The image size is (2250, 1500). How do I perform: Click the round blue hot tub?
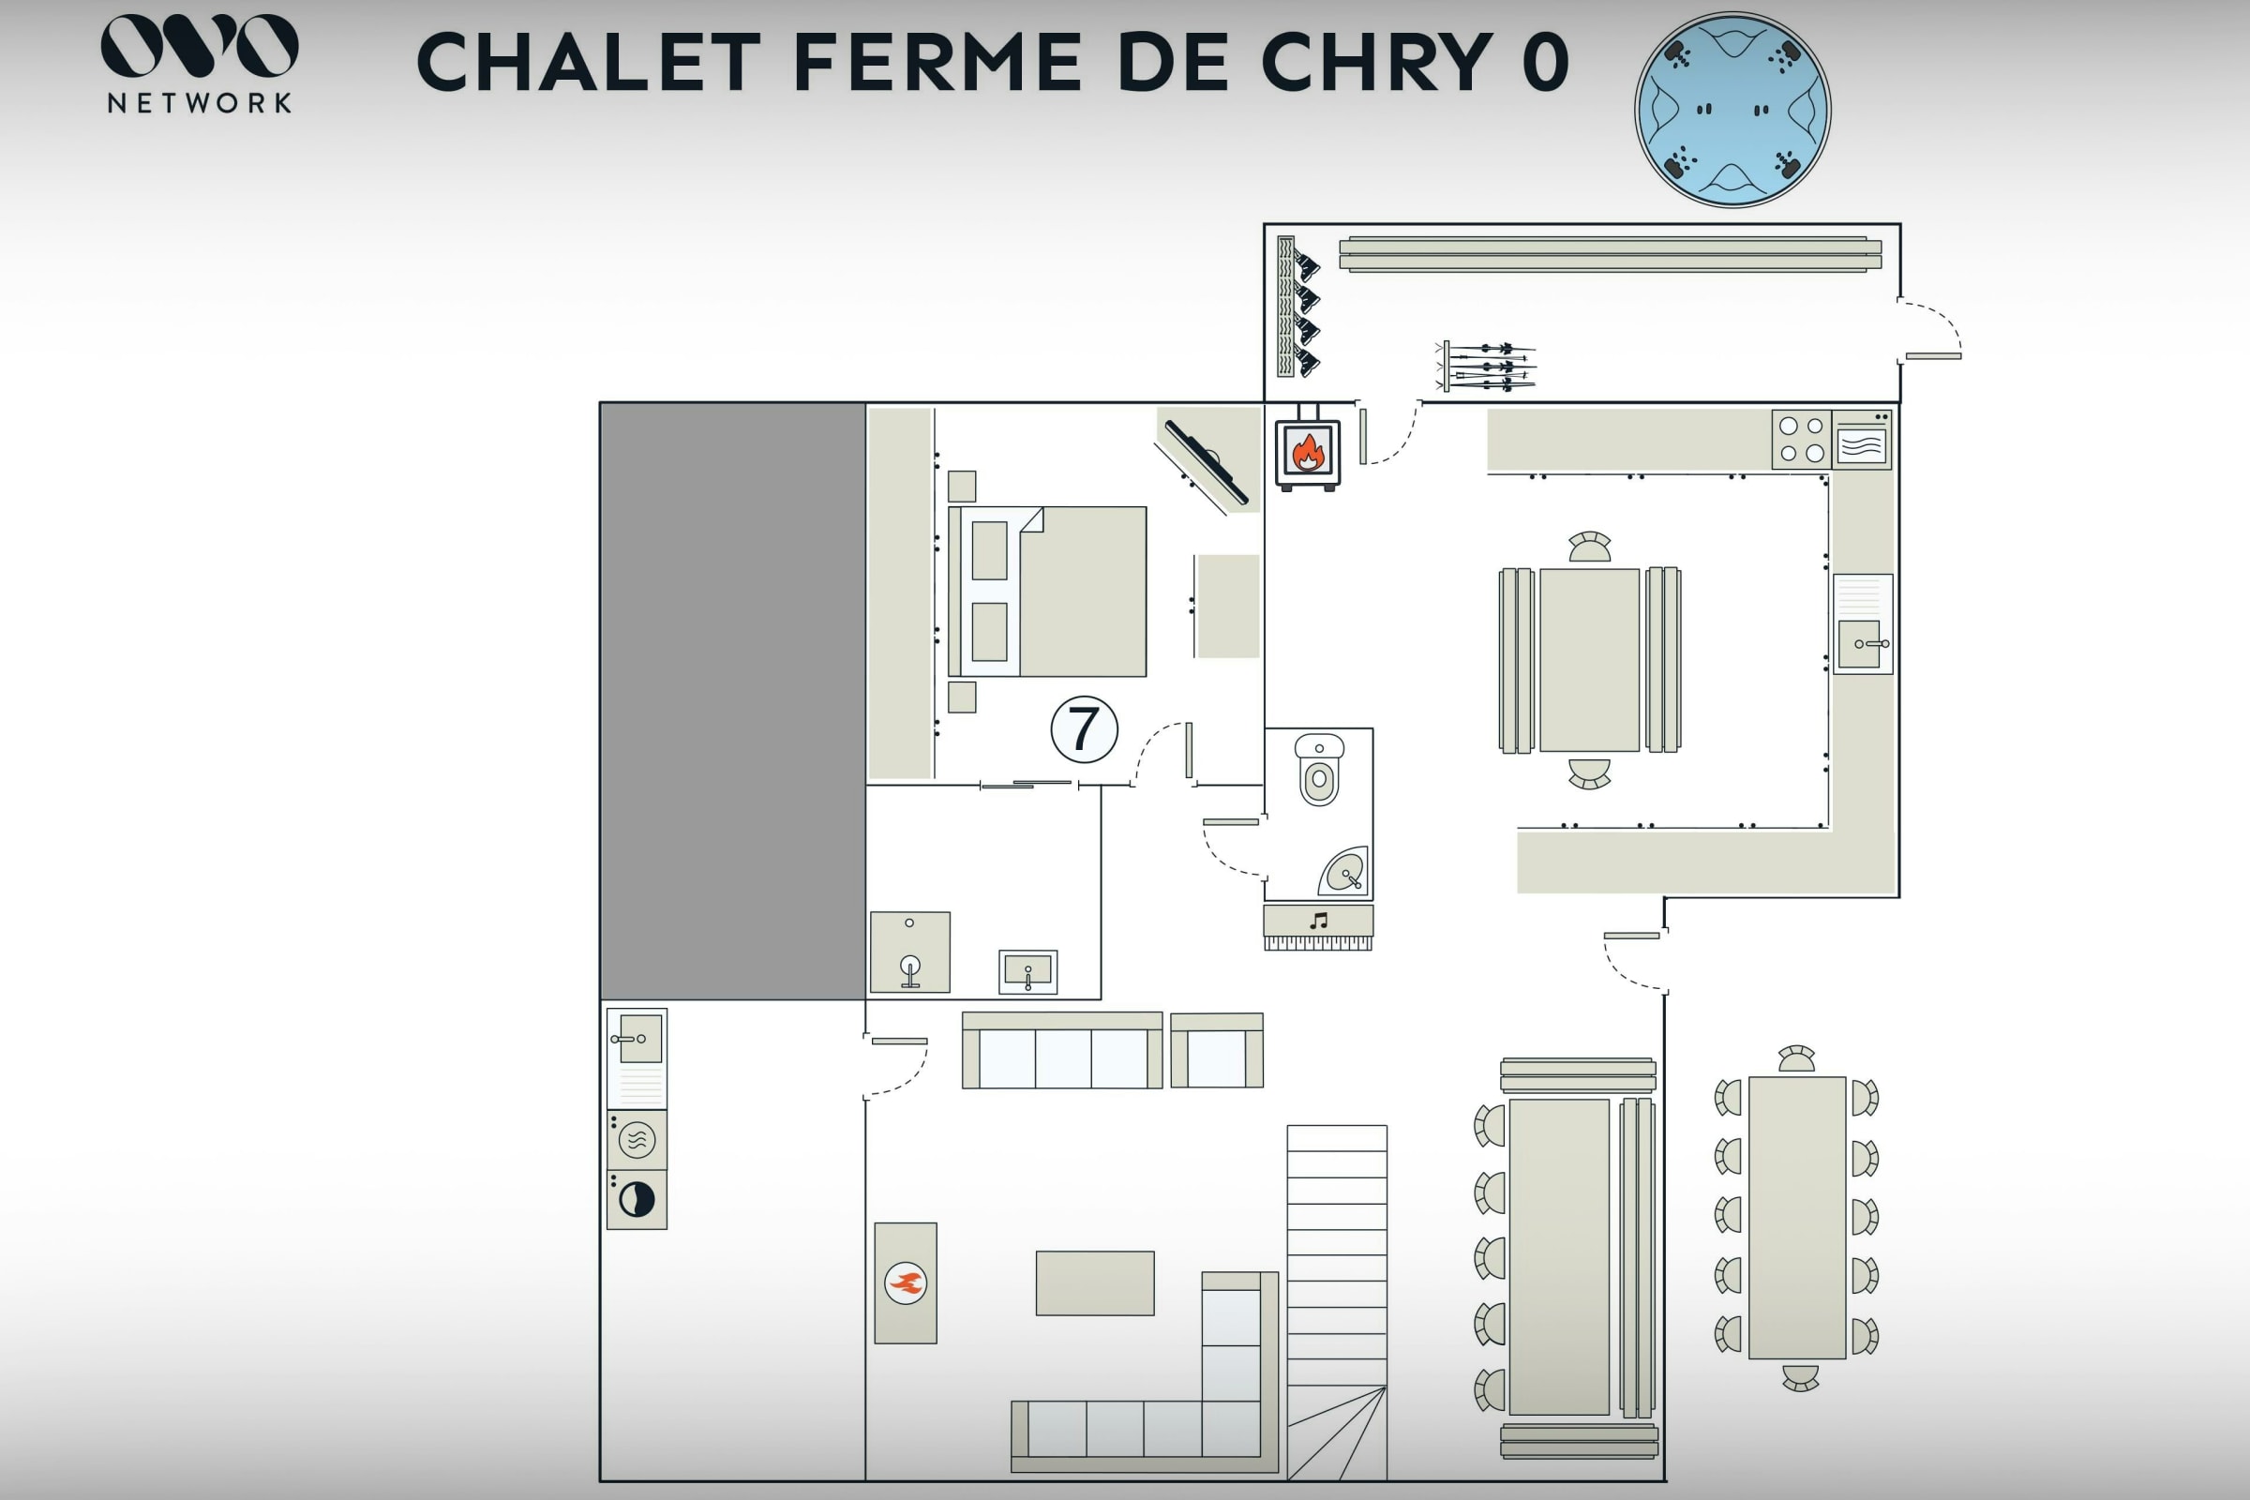(x=1732, y=109)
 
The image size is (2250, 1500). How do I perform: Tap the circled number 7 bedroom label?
(x=1084, y=729)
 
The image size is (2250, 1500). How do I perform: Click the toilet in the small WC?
(x=1319, y=769)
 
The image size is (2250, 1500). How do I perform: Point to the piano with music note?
(x=1318, y=927)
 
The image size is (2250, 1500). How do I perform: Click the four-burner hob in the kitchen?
(x=1801, y=440)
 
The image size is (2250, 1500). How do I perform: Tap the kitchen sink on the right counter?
(x=1863, y=623)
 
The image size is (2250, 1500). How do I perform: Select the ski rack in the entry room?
(x=1486, y=366)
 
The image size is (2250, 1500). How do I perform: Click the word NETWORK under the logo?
(x=199, y=103)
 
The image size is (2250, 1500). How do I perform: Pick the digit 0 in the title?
(x=1545, y=62)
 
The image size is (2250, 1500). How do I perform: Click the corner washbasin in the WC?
(x=1344, y=871)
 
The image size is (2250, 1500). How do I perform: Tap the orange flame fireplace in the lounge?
(x=905, y=1282)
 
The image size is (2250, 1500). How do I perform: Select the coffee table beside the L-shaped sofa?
(x=1094, y=1282)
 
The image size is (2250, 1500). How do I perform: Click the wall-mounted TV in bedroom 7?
(x=1207, y=462)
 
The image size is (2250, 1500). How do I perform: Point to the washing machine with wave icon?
(x=637, y=1139)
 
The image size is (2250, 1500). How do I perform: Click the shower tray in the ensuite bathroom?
(x=909, y=952)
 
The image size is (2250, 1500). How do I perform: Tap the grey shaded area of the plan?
(x=733, y=701)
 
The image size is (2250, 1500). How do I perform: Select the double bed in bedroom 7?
(x=1047, y=592)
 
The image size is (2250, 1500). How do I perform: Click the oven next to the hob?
(x=1862, y=440)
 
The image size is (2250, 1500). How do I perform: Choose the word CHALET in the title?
(x=589, y=62)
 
